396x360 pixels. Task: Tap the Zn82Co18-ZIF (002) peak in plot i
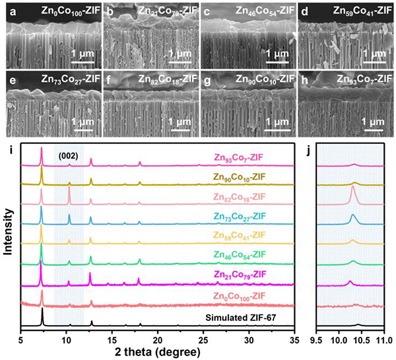coord(69,190)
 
